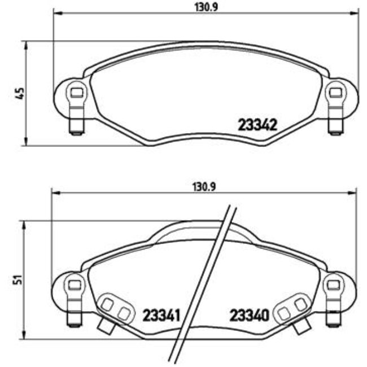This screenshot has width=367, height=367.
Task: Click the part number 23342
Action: click(x=256, y=125)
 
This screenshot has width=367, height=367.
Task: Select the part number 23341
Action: click(x=160, y=314)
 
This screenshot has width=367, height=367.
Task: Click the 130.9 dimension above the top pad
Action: click(x=206, y=6)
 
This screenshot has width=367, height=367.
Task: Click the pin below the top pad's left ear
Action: click(x=75, y=126)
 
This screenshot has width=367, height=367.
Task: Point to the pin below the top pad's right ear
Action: click(x=336, y=126)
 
